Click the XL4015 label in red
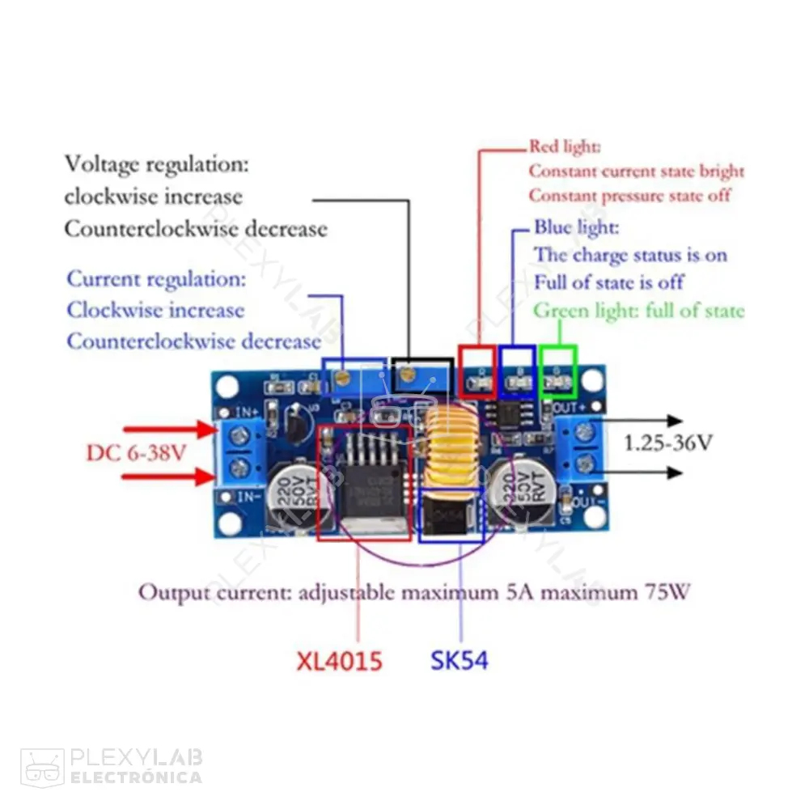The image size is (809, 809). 338,661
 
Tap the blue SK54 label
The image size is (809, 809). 459,660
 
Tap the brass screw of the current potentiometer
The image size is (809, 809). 343,375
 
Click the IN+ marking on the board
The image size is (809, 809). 248,412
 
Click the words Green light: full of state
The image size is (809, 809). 638,311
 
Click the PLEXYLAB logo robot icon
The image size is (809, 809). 42,766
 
